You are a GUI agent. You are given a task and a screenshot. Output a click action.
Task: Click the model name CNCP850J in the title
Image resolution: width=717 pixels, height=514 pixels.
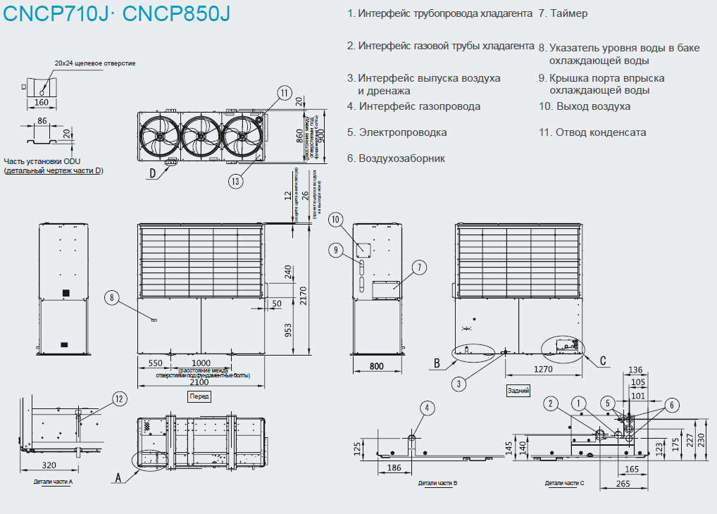(x=176, y=13)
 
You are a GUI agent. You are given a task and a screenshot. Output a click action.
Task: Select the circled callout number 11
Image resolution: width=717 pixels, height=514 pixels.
(x=284, y=93)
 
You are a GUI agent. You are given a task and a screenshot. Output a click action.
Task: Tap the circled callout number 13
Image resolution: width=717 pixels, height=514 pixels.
(x=237, y=181)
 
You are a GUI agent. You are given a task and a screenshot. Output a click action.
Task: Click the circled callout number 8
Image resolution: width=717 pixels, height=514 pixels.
(x=112, y=298)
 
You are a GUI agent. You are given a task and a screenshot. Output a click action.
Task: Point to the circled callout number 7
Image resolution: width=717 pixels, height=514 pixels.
(x=418, y=267)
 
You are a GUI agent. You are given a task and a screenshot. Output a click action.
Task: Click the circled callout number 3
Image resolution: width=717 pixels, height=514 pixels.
(x=459, y=384)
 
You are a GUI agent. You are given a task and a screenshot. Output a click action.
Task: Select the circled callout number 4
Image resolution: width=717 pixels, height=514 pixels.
(x=427, y=407)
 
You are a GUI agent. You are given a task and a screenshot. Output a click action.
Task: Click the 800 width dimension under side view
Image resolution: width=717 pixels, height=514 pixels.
(x=377, y=366)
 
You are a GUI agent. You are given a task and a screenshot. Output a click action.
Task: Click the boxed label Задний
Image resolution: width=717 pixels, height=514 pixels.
(x=518, y=389)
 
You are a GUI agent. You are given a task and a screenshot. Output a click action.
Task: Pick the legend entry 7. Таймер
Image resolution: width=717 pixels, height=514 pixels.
(x=563, y=13)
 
